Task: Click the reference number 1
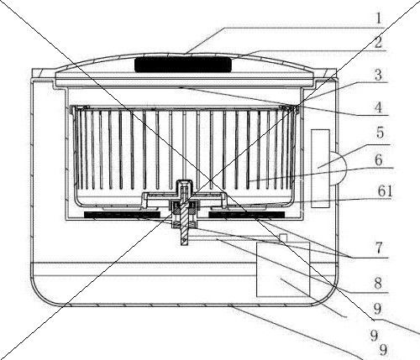pos(379,18)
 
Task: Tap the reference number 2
pos(378,42)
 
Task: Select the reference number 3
pos(378,75)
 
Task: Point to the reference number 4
pos(379,107)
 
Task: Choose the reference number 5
pos(380,133)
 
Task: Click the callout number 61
pos(386,192)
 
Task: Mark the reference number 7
pos(379,248)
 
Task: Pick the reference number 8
pos(378,284)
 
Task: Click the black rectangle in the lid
pos(183,65)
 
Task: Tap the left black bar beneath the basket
pos(122,215)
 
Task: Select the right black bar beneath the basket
pos(247,215)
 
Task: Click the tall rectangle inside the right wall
pos(320,169)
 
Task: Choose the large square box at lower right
pos(283,269)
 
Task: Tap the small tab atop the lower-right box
pos(283,237)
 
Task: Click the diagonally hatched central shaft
pos(184,217)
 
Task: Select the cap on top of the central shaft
pos(184,185)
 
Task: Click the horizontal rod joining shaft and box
pos(234,237)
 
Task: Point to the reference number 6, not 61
pos(379,160)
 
